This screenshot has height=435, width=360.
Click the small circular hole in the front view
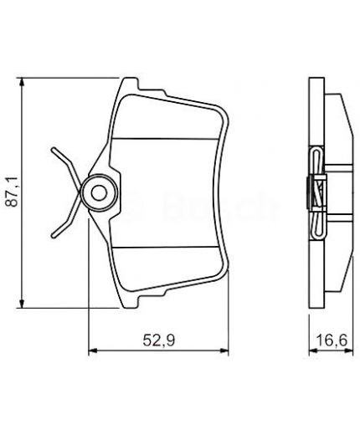[97, 194]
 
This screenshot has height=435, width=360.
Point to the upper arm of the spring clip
[64, 162]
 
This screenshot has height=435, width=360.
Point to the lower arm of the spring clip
[64, 223]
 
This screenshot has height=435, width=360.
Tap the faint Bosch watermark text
[201, 201]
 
